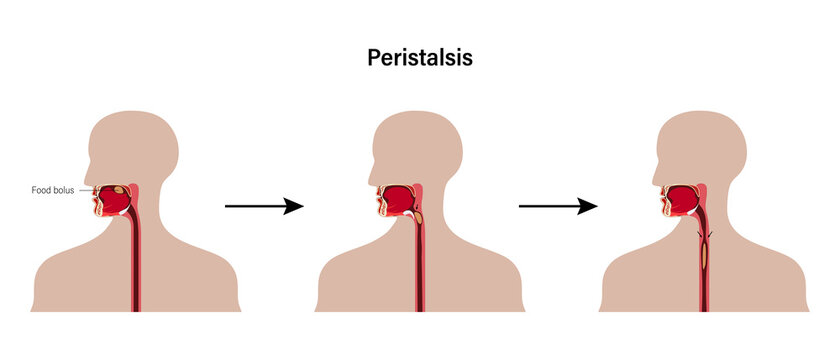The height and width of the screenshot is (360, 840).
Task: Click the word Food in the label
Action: pyautogui.click(x=41, y=189)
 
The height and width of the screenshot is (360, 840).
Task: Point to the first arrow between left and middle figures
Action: pyautogui.click(x=262, y=206)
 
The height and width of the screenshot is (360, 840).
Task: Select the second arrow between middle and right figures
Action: pyautogui.click(x=557, y=206)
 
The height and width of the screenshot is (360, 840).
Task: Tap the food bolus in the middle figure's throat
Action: pyautogui.click(x=418, y=215)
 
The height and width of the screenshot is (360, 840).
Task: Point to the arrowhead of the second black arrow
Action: pyautogui.click(x=589, y=206)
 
